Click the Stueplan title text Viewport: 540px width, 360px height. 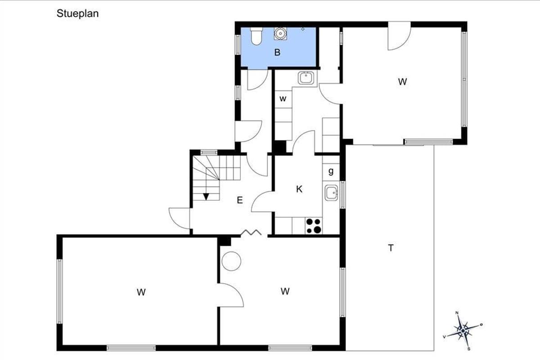pyautogui.click(x=77, y=14)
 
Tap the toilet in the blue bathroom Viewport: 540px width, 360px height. pyautogui.click(x=256, y=36)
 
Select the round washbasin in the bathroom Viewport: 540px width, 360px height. pyautogui.click(x=280, y=33)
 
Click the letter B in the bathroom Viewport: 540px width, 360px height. pyautogui.click(x=278, y=52)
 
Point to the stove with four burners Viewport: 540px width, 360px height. pyautogui.click(x=314, y=226)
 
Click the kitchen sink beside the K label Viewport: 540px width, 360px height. pyautogui.click(x=331, y=193)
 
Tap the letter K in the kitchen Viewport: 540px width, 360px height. pyautogui.click(x=299, y=189)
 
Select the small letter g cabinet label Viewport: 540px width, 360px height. pyautogui.click(x=331, y=171)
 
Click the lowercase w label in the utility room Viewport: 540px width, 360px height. pyautogui.click(x=283, y=99)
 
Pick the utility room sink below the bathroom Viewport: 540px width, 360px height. pyautogui.click(x=306, y=78)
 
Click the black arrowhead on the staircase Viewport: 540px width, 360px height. pyautogui.click(x=206, y=197)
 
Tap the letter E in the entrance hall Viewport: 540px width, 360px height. pyautogui.click(x=239, y=200)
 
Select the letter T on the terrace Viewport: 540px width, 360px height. pyautogui.click(x=391, y=248)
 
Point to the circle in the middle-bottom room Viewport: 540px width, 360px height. pyautogui.click(x=231, y=261)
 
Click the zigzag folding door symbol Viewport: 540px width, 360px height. pyautogui.click(x=251, y=232)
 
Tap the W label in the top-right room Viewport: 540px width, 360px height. pyautogui.click(x=402, y=82)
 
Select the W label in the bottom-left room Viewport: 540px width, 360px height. pyautogui.click(x=141, y=292)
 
